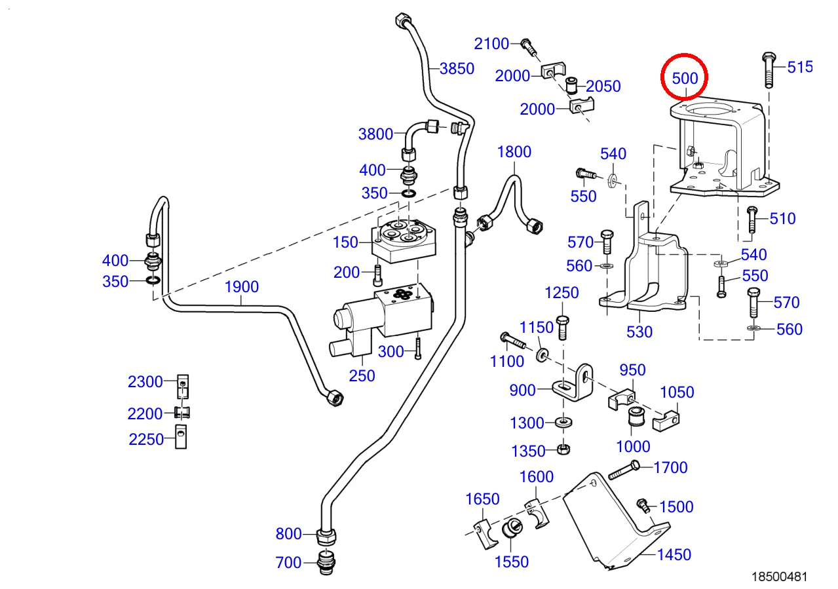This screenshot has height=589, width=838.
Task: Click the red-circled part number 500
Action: pyautogui.click(x=685, y=78)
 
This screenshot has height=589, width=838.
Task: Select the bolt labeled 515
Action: pyautogui.click(x=769, y=69)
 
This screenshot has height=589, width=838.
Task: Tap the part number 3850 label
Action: pyautogui.click(x=457, y=68)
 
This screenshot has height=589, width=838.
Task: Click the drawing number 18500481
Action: pyautogui.click(x=778, y=577)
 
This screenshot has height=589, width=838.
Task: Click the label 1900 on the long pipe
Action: pyautogui.click(x=242, y=286)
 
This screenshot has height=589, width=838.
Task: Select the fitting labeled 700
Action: pyautogui.click(x=325, y=563)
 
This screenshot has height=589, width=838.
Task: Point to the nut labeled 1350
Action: pyautogui.click(x=562, y=449)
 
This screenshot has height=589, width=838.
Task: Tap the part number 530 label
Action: pyautogui.click(x=639, y=332)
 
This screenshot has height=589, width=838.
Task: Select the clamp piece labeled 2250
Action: pyautogui.click(x=181, y=437)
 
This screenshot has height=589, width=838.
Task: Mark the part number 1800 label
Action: pyautogui.click(x=514, y=152)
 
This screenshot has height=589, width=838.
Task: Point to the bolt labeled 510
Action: pyautogui.click(x=752, y=219)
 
